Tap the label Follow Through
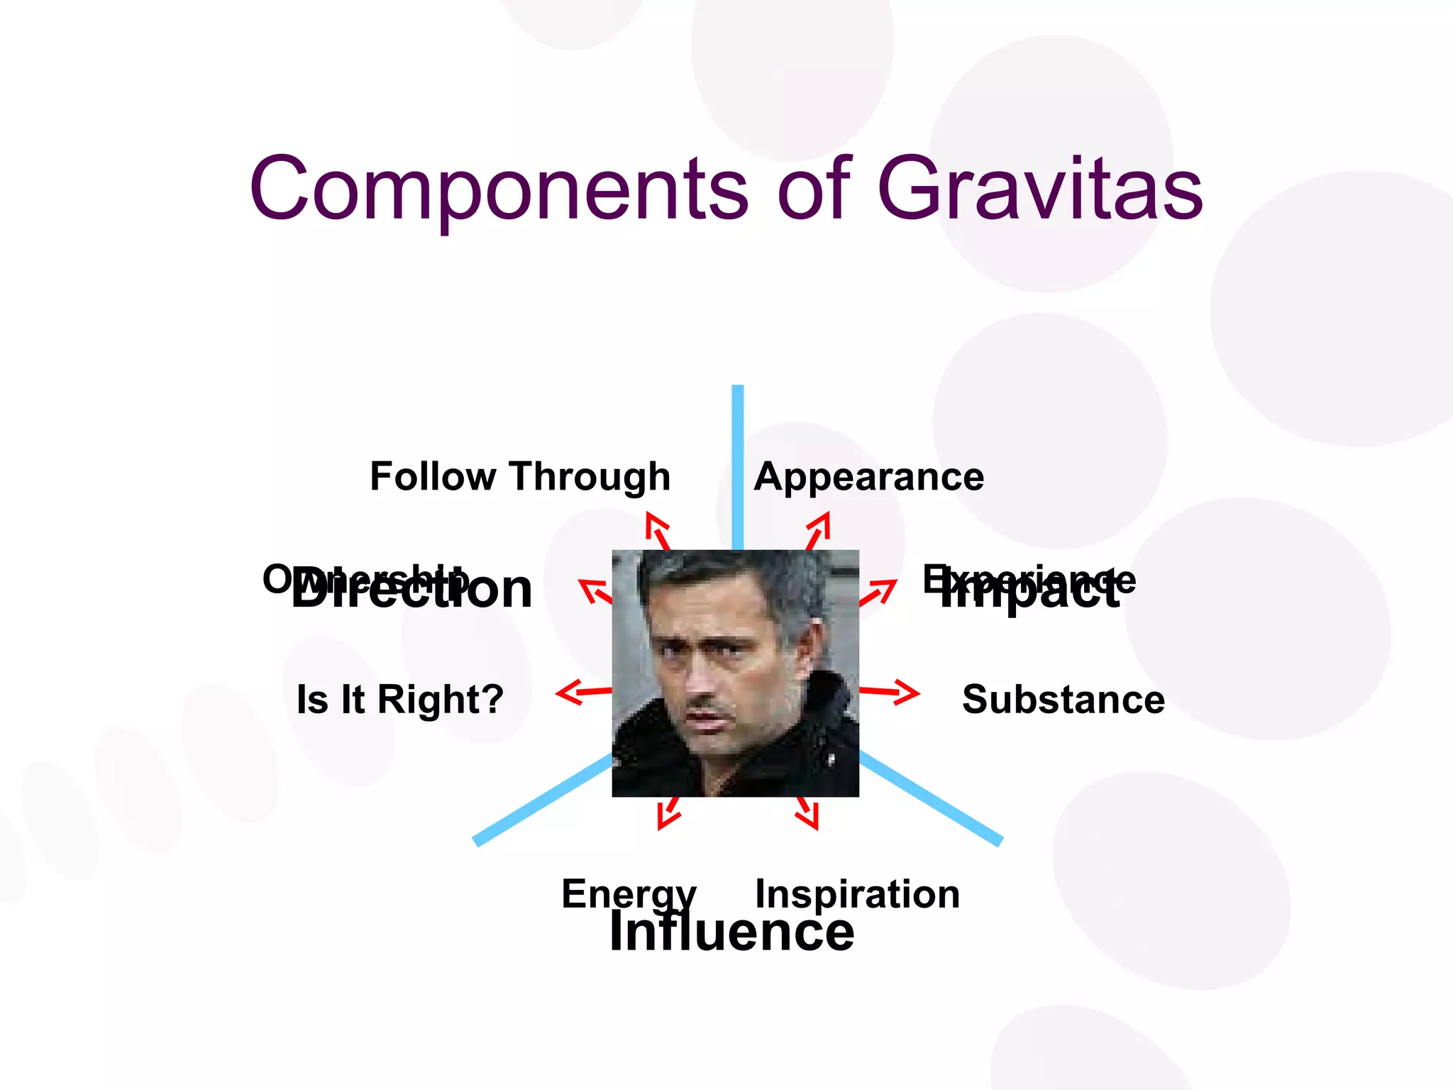click(x=520, y=476)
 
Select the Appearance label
click(x=869, y=476)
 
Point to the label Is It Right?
click(x=400, y=699)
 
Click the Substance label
click(x=1063, y=699)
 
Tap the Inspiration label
click(x=857, y=893)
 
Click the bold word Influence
click(x=731, y=932)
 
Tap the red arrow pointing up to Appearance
click(x=819, y=530)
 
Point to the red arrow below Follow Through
click(x=657, y=530)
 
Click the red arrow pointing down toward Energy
click(x=668, y=813)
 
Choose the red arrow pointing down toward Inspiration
click(x=807, y=813)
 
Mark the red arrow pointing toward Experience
click(x=878, y=592)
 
